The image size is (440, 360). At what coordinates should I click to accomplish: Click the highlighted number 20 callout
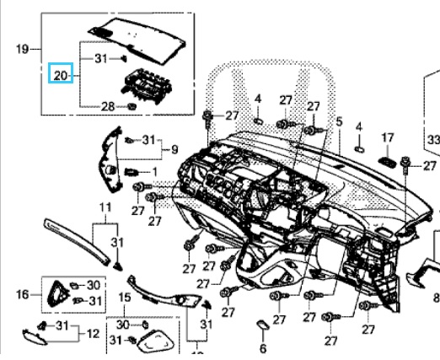(61, 73)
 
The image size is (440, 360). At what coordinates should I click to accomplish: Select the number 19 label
(23, 49)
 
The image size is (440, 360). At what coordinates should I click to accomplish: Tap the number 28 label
(108, 107)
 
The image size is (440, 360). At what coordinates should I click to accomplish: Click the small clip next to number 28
(131, 106)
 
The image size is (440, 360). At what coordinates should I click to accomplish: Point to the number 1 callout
(154, 172)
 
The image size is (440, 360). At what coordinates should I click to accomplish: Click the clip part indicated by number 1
(131, 172)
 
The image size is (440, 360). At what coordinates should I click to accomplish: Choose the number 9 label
(174, 149)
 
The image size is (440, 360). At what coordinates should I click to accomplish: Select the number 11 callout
(105, 208)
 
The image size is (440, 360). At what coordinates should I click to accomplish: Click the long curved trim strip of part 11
(76, 241)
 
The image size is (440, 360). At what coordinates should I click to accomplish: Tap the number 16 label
(23, 294)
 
